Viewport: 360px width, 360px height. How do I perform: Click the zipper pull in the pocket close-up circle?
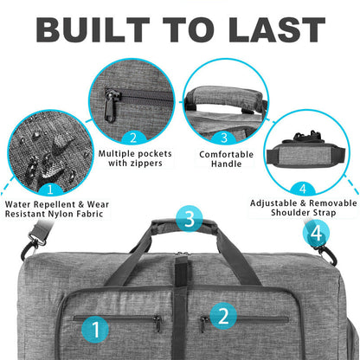coord(111,106)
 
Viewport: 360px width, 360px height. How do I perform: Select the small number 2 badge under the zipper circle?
coord(133,138)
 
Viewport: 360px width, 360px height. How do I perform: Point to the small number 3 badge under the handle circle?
coord(224,138)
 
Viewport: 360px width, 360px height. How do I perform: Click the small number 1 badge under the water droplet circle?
coord(50,190)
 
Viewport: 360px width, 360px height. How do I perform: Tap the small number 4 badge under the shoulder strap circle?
coord(303,189)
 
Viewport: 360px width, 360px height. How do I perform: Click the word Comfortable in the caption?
coord(227,154)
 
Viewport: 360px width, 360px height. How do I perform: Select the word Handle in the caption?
coord(227,164)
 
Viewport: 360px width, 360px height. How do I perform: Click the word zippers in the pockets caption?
coord(146,164)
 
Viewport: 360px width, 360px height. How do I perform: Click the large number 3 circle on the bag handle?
coord(190,219)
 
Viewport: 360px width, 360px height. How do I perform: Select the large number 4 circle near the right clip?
coord(316,233)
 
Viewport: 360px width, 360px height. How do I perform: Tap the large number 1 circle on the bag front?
coord(95,329)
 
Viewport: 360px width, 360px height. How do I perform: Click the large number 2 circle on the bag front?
coord(223,316)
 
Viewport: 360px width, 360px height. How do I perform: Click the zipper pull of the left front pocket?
coord(157,323)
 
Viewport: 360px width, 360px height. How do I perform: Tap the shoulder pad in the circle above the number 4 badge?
coord(306,155)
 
